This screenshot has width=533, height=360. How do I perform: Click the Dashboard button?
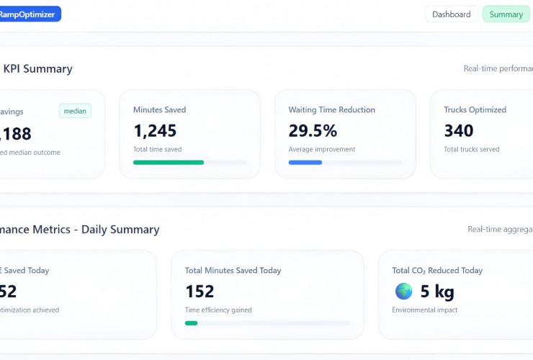point(452,14)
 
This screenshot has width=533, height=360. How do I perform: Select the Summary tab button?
point(506,14)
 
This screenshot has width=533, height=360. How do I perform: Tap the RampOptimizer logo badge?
point(30,14)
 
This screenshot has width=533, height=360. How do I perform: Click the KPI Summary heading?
point(37,69)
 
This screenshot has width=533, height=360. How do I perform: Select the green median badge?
point(75,111)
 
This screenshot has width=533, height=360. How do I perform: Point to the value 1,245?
point(155,130)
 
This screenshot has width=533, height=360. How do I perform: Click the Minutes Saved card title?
point(159,110)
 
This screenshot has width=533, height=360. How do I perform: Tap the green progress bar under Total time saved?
point(169,162)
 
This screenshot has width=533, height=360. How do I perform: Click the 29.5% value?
point(313,130)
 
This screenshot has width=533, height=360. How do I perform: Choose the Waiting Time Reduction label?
point(331,110)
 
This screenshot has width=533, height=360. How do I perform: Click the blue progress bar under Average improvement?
point(305,162)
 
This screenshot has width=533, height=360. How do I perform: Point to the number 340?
point(459,130)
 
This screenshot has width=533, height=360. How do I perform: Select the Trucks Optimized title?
point(475,110)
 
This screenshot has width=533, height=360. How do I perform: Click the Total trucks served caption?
point(471,149)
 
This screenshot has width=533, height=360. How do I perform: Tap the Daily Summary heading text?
point(120,230)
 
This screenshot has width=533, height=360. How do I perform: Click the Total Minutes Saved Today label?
point(233,271)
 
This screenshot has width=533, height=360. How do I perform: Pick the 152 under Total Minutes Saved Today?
point(200,291)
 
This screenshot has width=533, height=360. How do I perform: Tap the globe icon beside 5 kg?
point(403,291)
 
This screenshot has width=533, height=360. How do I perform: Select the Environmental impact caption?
point(424,310)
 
